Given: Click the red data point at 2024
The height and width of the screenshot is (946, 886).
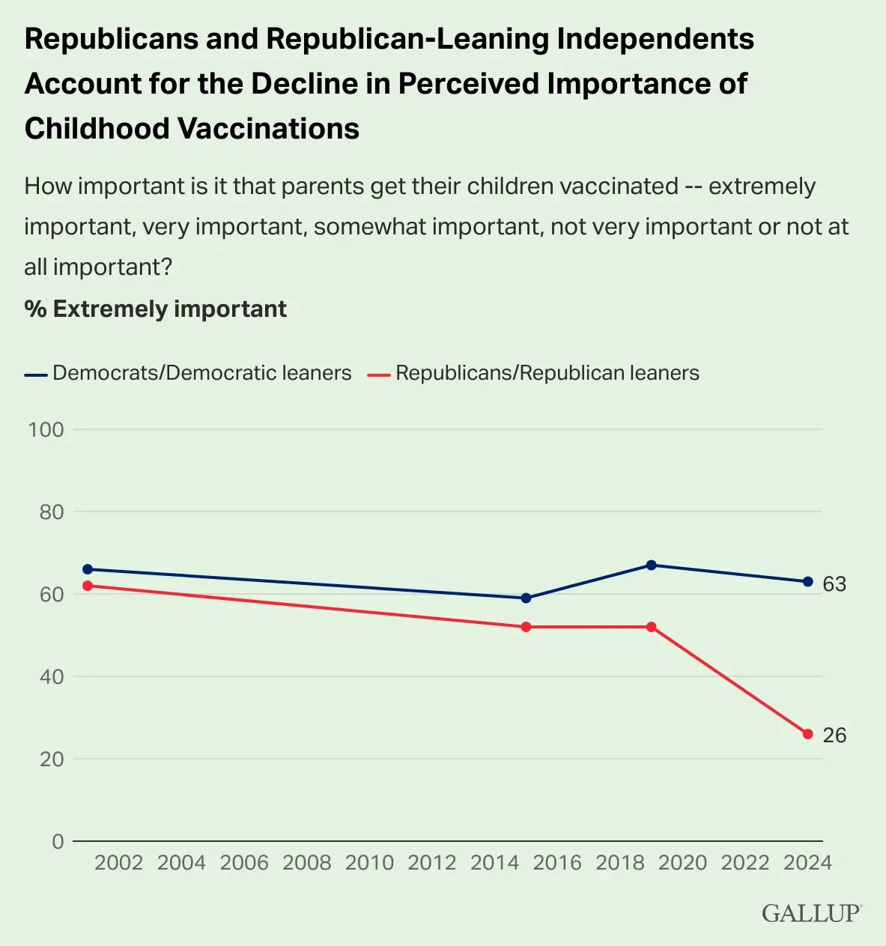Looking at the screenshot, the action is tap(808, 734).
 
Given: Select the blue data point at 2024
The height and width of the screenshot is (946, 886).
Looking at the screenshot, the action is tap(808, 581).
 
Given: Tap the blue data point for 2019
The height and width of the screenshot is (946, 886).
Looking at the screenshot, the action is tap(651, 565).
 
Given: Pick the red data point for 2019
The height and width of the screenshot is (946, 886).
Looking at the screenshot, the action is tap(651, 627).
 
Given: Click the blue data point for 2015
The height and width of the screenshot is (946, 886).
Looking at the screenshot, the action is tap(526, 598).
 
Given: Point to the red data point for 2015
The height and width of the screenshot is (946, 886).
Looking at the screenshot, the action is tap(526, 627).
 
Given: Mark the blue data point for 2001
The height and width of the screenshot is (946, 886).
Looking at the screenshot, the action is tap(88, 569).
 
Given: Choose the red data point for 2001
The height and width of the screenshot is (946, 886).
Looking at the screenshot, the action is tap(88, 586).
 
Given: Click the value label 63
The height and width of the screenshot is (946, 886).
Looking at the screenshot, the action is tap(834, 584).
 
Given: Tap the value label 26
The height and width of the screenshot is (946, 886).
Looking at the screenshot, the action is tap(834, 736).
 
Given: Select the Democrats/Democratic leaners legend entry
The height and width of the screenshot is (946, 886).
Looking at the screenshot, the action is tap(188, 373).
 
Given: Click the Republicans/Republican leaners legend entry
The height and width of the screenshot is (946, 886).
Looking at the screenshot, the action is tap(533, 373).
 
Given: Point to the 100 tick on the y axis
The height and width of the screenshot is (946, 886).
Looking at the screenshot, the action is tap(46, 430).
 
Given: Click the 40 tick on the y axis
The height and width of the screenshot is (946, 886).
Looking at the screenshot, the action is tap(52, 677).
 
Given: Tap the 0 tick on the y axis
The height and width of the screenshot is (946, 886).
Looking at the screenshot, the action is tap(58, 842).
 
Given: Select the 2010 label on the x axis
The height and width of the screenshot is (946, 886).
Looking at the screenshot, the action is tap(369, 863).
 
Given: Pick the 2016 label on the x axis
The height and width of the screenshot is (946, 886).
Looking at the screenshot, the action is tap(557, 863).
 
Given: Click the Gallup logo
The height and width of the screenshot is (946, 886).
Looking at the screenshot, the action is tap(812, 913).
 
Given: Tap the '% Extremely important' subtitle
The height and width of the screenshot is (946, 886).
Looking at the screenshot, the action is tap(155, 309).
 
